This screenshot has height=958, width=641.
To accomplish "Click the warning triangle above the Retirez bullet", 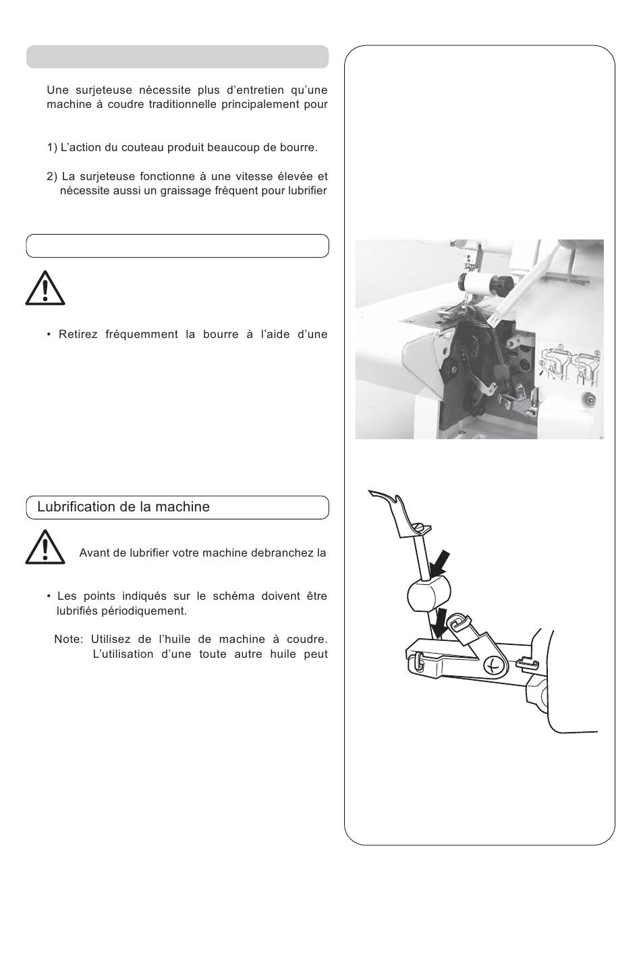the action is coord(45,288).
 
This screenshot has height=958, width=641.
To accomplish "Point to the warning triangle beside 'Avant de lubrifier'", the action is coord(45,547).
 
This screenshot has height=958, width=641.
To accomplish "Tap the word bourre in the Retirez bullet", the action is coord(221,335).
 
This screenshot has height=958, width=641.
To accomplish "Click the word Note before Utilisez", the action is coord(68,640).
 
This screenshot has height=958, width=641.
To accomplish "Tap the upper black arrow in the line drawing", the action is coord(440,565).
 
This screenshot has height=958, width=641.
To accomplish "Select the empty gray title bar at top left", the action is coord(177,57).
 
